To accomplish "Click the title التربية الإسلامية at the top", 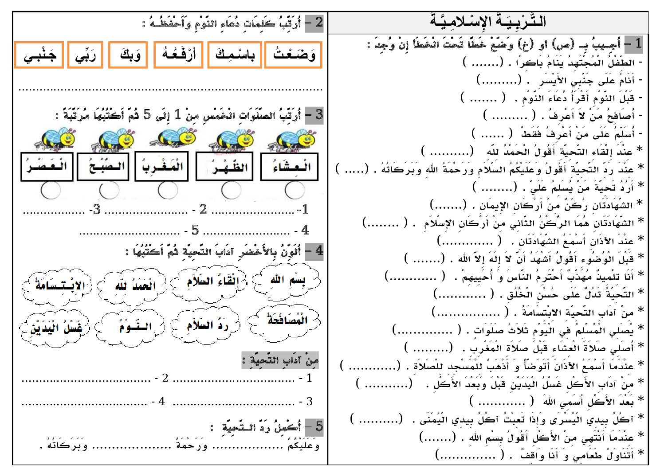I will [x=488, y=21].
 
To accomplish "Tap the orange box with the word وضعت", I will [x=293, y=55].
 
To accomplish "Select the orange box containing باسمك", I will [x=235, y=55].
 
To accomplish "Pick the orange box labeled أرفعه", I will [x=178, y=55].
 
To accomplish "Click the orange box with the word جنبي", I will [x=39, y=55].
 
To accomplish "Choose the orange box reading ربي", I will [x=85, y=55].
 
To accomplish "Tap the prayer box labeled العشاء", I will [x=290, y=167].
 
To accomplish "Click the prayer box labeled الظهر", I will [x=224, y=167].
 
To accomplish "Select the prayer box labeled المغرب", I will [x=162, y=167].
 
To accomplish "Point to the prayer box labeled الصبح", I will [x=103, y=167].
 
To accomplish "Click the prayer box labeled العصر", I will [x=47, y=167].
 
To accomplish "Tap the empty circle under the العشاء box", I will [x=295, y=191].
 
